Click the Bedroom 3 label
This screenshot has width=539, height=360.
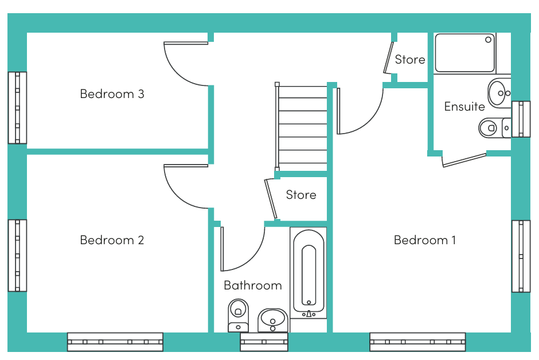tap(112, 94)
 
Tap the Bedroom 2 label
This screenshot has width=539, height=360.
tap(112, 240)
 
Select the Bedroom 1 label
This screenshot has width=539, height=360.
tap(425, 240)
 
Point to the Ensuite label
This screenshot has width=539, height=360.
tap(464, 107)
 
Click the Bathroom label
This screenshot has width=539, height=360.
tap(253, 285)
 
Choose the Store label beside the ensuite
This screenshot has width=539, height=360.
tap(410, 60)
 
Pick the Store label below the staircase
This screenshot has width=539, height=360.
tap(301, 195)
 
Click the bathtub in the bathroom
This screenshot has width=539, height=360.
tap(308, 273)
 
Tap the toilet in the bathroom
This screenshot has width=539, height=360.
tap(238, 315)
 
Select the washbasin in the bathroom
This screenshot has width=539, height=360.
tap(273, 320)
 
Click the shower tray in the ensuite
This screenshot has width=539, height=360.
tap(465, 53)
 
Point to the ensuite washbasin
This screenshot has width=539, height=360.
tap(499, 93)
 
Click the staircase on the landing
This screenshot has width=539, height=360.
tap(302, 127)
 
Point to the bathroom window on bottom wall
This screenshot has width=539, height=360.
tap(264, 342)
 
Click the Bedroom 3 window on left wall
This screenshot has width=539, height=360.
tap(17, 108)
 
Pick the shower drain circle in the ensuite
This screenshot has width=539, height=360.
tap(488, 40)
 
